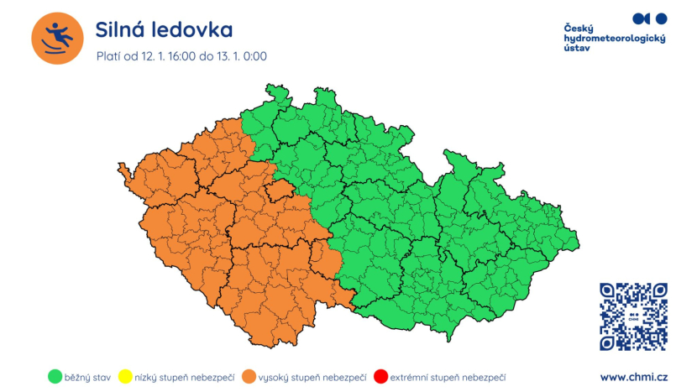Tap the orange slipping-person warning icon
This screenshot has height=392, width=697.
pos(57,38)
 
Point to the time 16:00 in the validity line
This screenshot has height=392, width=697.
pos(180,56)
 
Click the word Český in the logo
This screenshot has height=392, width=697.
pos(580,29)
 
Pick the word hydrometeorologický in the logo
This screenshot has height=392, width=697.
pos(614,39)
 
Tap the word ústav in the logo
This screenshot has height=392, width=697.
pos(578,50)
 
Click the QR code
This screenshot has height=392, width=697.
pos(633,316)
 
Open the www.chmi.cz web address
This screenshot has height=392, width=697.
pos(633,377)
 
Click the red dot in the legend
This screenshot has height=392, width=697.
pos(380,377)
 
